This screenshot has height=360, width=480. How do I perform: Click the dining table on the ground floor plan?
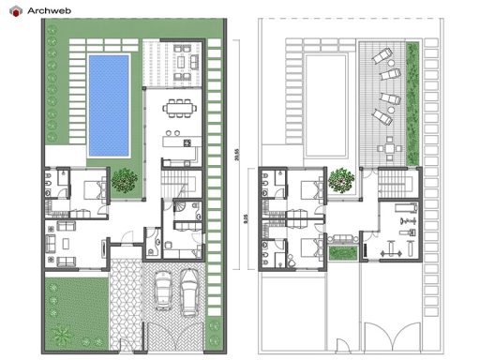[x=178, y=110]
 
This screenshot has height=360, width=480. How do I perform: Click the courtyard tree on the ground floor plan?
[x=124, y=180]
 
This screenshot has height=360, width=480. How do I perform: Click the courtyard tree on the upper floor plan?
[x=342, y=179]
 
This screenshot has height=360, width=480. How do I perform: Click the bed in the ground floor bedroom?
[x=95, y=188]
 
